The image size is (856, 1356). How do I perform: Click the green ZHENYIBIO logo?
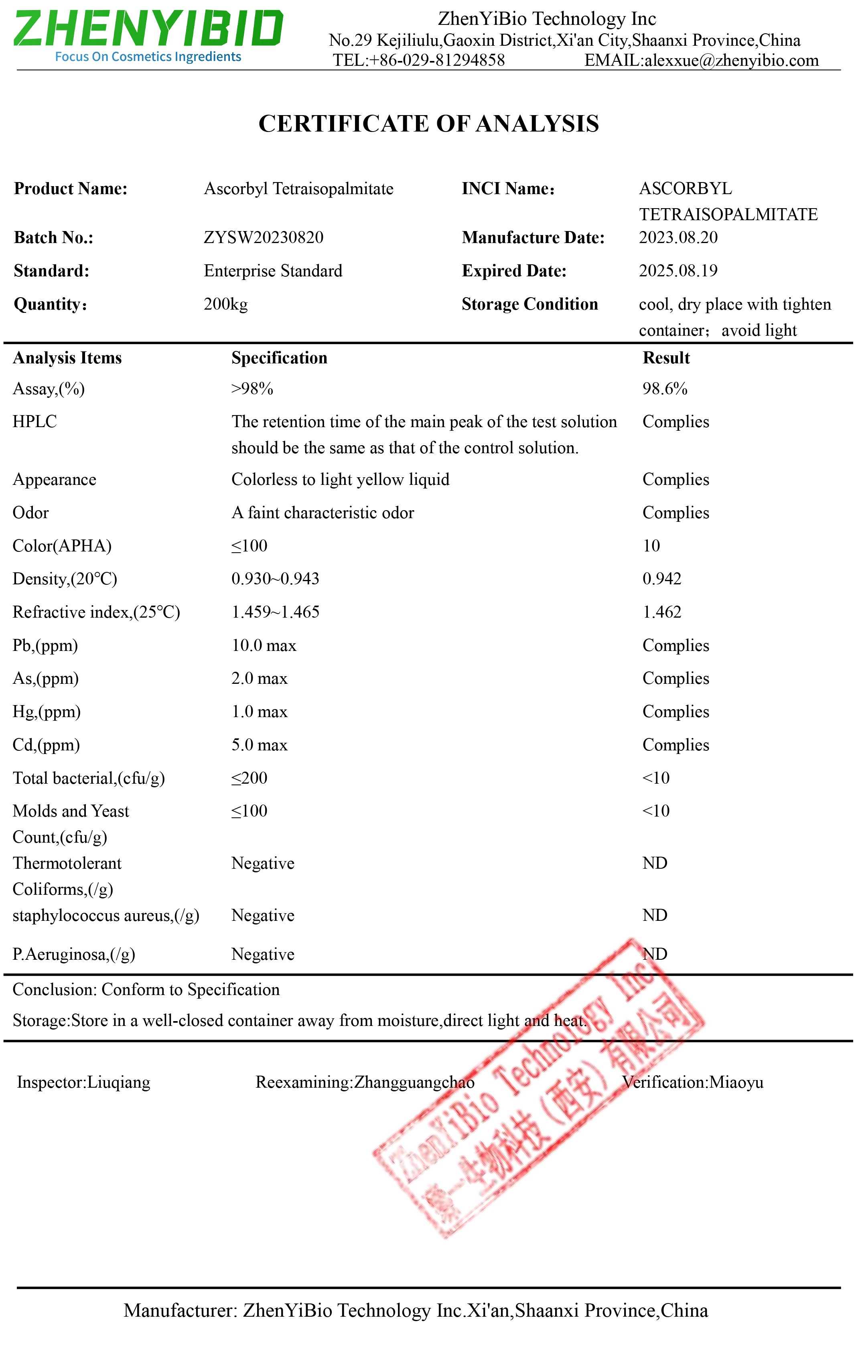(148, 29)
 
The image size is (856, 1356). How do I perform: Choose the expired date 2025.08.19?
(678, 271)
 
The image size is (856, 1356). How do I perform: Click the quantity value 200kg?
(225, 304)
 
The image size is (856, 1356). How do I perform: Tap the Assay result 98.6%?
(665, 389)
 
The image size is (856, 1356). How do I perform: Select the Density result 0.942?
(662, 579)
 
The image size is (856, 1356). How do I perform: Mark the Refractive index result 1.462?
(662, 612)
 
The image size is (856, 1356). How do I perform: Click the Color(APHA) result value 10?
(651, 546)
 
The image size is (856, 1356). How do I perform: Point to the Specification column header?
(279, 358)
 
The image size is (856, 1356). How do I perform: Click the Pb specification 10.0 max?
(264, 645)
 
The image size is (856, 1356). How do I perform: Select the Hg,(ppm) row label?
(46, 712)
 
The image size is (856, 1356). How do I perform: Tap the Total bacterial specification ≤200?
(249, 778)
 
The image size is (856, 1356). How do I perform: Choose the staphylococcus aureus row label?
(106, 916)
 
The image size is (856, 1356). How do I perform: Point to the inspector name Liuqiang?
(119, 1082)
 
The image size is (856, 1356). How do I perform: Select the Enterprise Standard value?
(273, 271)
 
